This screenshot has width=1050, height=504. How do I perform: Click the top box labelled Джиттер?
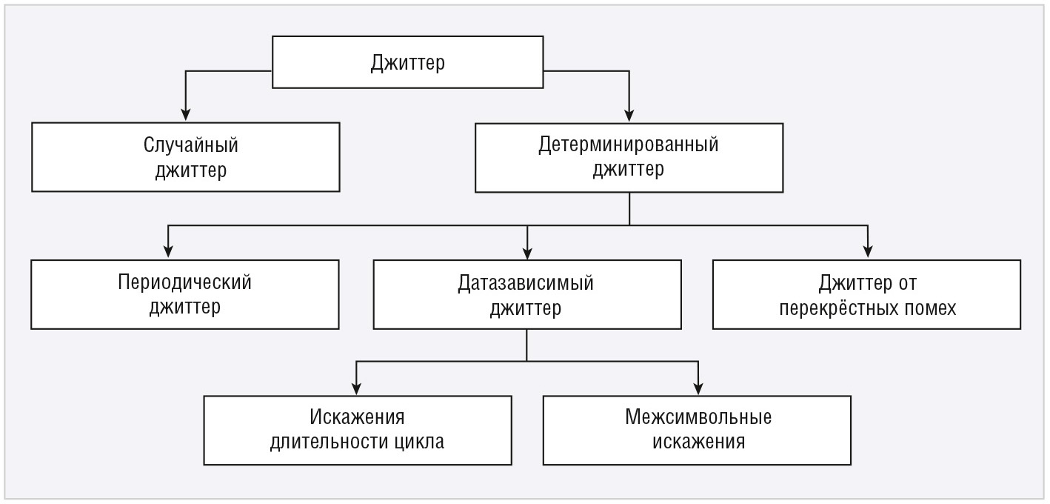408,62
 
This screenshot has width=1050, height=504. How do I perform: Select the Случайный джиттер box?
186,157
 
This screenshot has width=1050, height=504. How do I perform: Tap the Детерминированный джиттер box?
629,158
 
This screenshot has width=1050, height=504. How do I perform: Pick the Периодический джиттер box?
185,294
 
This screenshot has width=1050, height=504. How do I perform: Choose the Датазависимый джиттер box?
527,294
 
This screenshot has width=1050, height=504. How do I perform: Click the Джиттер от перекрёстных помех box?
866,294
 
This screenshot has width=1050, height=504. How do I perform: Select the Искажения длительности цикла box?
358,431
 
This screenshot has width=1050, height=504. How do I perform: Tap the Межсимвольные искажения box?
697,431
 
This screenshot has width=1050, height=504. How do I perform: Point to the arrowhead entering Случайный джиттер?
186,115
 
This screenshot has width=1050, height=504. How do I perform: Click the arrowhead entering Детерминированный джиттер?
629,116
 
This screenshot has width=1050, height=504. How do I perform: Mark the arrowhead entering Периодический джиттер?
168,251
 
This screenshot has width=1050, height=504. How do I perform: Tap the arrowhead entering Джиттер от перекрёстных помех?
868,251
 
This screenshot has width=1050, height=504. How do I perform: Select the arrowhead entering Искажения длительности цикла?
356,388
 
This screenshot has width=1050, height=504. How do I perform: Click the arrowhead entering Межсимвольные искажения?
698,388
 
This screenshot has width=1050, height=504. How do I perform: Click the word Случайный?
191,145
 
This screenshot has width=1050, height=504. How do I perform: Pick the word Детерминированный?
629,145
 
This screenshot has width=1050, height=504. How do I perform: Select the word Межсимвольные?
698,417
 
